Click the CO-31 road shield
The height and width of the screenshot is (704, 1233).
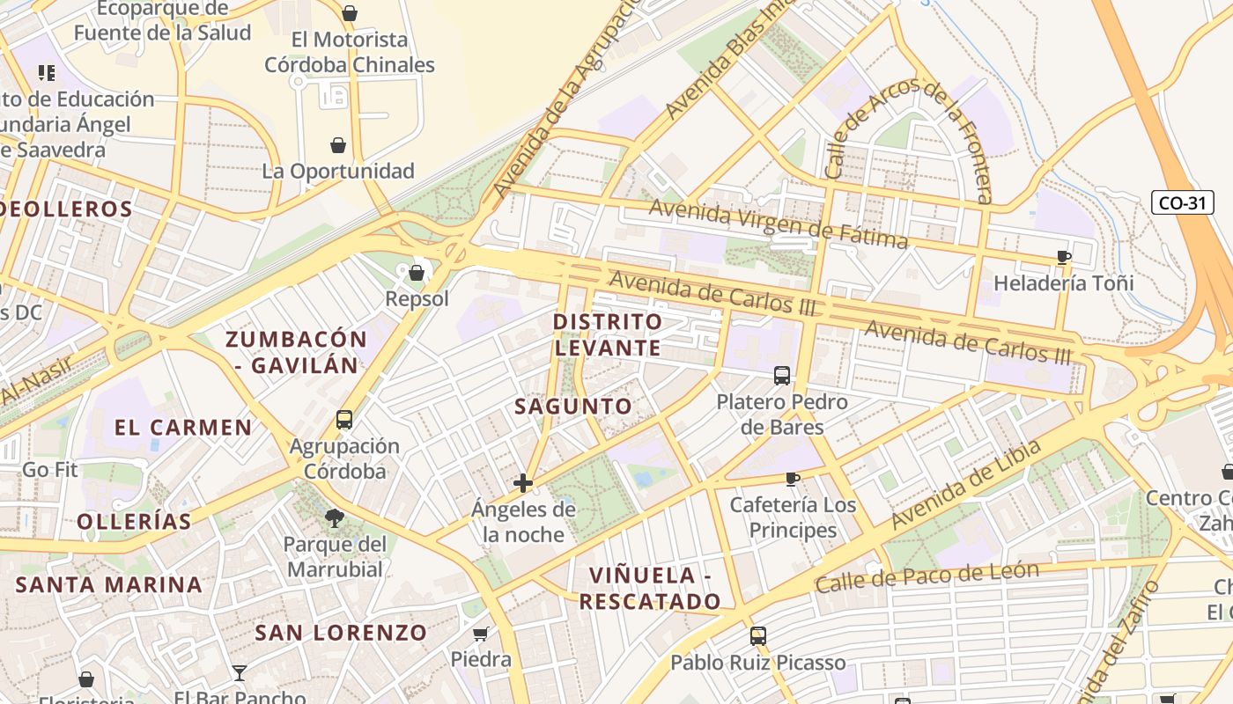point(1182,203)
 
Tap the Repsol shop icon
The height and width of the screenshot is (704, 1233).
point(417,273)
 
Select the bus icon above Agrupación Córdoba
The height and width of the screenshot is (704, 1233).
point(344,420)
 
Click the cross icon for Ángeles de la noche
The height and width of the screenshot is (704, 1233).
point(523,482)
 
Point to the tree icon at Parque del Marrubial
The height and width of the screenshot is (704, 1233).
point(335,517)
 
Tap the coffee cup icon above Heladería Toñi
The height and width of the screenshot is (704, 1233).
point(1064,258)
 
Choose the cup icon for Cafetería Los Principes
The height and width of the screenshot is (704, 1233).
point(793,479)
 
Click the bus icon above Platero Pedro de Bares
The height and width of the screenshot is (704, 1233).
point(781,376)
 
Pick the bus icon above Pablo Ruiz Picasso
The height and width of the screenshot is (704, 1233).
point(757,635)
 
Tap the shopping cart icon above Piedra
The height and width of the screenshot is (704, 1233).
point(481,634)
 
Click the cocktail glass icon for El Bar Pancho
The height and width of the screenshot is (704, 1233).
point(240,673)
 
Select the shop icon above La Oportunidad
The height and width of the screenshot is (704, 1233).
point(338,144)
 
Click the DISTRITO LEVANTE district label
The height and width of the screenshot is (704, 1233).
point(608,334)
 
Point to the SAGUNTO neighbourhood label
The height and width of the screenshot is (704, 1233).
point(573,407)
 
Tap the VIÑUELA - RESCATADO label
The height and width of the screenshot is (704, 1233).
point(650,589)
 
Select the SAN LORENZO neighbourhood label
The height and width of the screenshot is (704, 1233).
point(341,633)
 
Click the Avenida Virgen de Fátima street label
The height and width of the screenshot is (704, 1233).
point(779,224)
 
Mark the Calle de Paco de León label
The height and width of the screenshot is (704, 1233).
point(927,578)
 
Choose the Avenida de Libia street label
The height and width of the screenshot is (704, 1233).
point(965,485)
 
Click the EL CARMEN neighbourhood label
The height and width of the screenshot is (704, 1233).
point(183,429)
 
